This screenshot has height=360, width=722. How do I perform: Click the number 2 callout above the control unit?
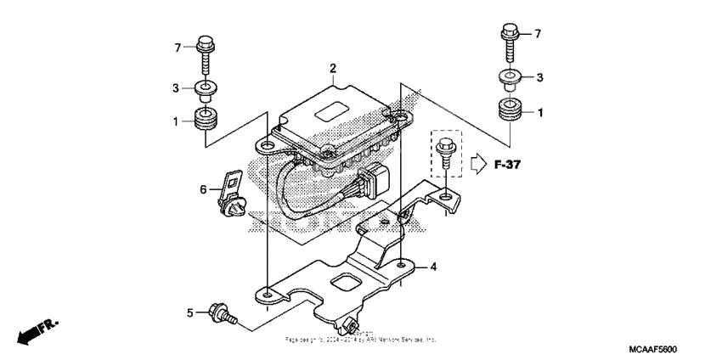(x=333, y=67)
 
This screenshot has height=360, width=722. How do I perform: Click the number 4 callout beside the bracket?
(x=433, y=267)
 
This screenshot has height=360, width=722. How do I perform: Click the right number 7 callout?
(x=538, y=33)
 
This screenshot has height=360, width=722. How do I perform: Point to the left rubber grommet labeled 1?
(x=205, y=119)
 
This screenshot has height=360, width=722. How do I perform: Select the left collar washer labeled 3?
(x=205, y=87)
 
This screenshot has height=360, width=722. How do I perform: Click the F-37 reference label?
(x=507, y=164)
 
